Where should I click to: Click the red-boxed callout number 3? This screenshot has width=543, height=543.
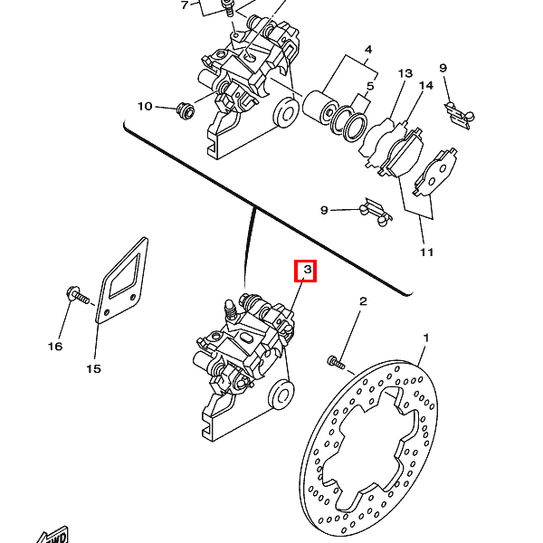306,271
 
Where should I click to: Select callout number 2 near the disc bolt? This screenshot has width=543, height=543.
363,301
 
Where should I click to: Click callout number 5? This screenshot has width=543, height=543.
368,88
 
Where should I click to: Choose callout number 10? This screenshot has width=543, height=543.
145,107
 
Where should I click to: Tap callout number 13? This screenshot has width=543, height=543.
405,73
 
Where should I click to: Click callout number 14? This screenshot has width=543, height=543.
426,86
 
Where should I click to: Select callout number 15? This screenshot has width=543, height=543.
93,368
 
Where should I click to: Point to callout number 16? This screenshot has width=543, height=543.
55,346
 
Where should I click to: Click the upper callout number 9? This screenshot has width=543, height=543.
443,68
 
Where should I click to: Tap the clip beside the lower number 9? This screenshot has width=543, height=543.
375,211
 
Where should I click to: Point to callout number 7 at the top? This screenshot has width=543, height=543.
185,5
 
